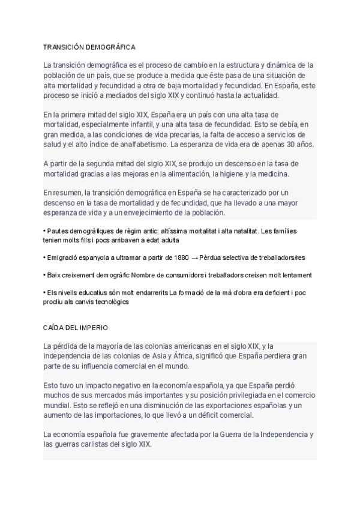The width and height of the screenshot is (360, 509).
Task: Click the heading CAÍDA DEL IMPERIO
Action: (x=75, y=330)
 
